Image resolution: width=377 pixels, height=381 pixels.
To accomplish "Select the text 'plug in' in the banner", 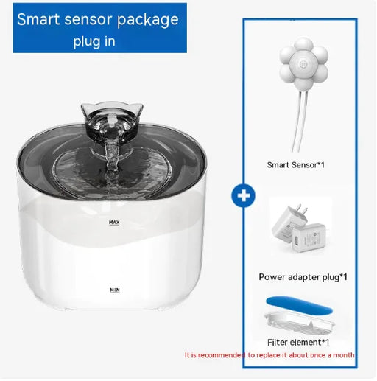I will click(x=94, y=41).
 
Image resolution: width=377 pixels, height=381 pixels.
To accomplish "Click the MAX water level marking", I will click(x=114, y=222).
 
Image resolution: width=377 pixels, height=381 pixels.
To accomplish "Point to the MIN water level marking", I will click(x=114, y=290).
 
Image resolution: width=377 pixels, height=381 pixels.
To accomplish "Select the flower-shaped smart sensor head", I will click(x=303, y=63).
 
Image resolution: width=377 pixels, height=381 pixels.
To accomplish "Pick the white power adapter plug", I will click(x=298, y=229).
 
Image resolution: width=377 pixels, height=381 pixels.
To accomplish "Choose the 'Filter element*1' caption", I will click(x=298, y=342).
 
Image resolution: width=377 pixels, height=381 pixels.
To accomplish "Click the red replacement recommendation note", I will click(x=269, y=355).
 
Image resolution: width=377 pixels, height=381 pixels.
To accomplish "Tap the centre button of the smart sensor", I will click(x=303, y=63).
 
